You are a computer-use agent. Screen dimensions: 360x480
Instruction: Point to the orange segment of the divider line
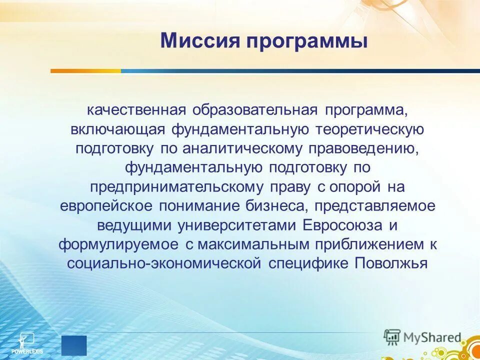tap(85, 71)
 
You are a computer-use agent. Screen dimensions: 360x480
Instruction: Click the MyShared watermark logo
tap(422, 337)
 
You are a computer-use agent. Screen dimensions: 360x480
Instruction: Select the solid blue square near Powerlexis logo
tap(74, 345)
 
